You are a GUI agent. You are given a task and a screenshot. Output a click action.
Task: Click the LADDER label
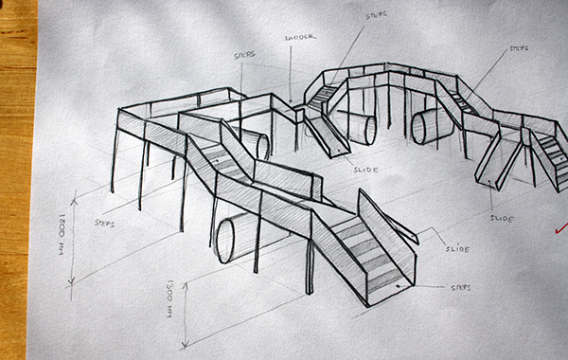(x=299, y=39)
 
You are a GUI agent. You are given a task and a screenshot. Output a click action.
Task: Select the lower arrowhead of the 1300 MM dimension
(x=188, y=344)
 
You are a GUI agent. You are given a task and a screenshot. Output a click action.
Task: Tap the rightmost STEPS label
(x=519, y=48)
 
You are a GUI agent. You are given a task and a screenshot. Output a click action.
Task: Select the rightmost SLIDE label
(x=503, y=219)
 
